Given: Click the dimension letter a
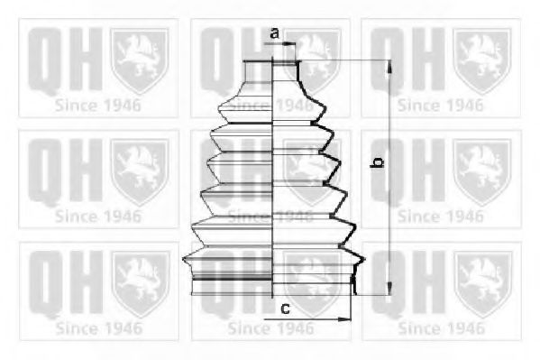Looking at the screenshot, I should pyautogui.click(x=274, y=34).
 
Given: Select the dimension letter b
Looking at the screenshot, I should pyautogui.click(x=380, y=163).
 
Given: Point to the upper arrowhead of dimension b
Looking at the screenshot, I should pyautogui.click(x=389, y=66).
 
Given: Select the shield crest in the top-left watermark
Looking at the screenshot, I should pyautogui.click(x=139, y=60).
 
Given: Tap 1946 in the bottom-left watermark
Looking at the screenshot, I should pyautogui.click(x=120, y=328).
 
